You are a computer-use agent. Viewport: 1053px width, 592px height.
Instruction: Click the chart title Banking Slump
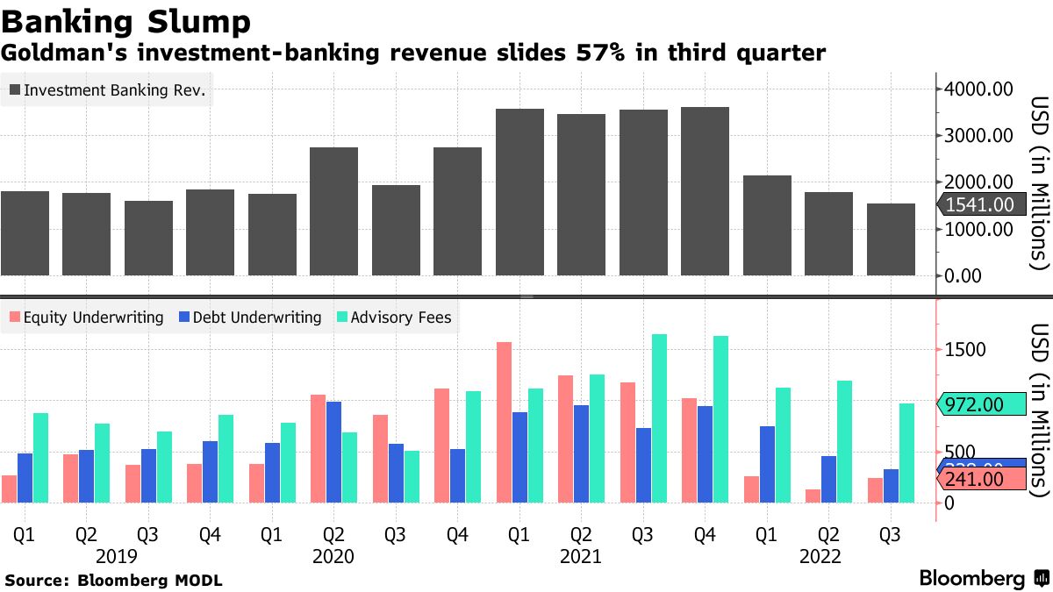tap(126, 20)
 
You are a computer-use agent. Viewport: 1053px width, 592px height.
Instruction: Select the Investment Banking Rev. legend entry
tap(107, 89)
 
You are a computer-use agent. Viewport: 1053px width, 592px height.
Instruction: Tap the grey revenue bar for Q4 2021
tap(705, 191)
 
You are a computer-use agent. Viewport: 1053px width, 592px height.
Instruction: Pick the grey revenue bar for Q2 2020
tap(333, 211)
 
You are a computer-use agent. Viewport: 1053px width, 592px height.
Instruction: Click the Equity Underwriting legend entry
tap(85, 317)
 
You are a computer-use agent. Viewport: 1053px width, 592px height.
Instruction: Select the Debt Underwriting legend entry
tap(250, 317)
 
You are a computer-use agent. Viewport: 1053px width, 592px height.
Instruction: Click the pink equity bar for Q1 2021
tap(504, 422)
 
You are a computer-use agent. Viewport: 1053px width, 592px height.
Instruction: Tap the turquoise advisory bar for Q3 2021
tap(659, 418)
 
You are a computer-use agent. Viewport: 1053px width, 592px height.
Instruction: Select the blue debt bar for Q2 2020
tap(333, 452)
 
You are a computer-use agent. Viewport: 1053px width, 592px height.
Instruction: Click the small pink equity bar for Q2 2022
tap(813, 496)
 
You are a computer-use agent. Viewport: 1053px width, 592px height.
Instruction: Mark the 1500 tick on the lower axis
tap(965, 350)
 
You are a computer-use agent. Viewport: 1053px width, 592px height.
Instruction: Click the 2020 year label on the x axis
tap(333, 556)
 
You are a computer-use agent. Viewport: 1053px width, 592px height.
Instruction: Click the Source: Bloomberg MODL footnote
tap(114, 581)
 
